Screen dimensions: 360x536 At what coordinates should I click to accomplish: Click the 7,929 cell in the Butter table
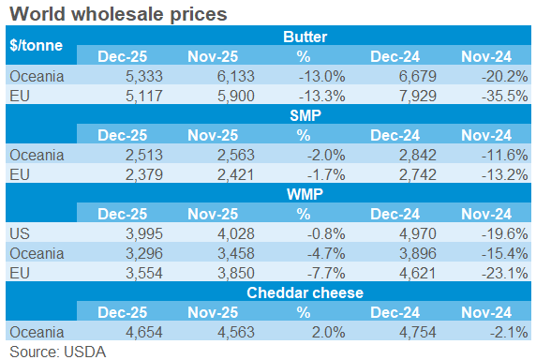pos(400,96)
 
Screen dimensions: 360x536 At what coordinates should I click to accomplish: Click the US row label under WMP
pos(20,234)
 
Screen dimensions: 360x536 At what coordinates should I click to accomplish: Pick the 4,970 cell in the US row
pos(400,234)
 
